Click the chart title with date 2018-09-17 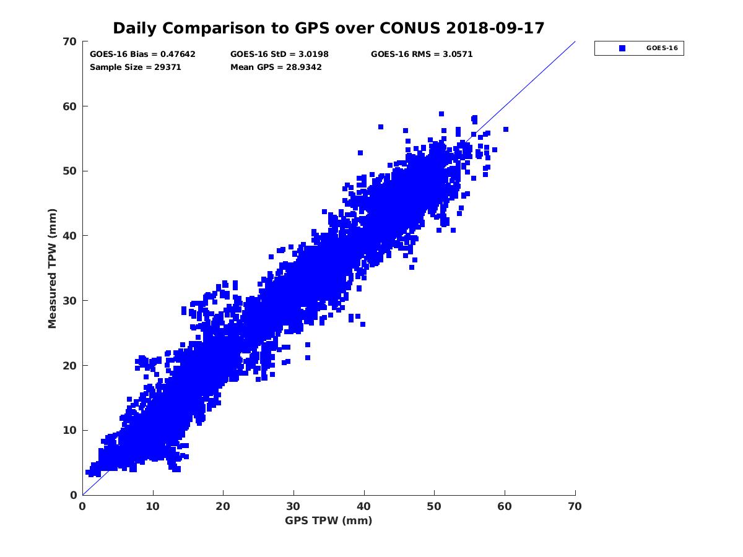tap(329, 28)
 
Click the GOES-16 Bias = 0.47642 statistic tap(142, 54)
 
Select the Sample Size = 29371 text tap(135, 67)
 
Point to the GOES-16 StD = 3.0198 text tap(279, 54)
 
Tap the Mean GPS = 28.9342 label tap(276, 67)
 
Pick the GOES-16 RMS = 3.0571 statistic tap(422, 54)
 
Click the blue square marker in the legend tap(622, 48)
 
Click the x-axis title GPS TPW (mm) tap(329, 520)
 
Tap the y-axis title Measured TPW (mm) tap(52, 268)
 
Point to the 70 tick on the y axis tap(70, 41)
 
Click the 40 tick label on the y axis tap(70, 236)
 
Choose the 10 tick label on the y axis tap(70, 430)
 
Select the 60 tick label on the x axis tap(505, 506)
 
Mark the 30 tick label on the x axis tap(293, 506)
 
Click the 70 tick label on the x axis tap(575, 506)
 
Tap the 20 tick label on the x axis tap(223, 506)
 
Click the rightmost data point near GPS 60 tap(506, 129)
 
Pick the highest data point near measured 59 tap(441, 114)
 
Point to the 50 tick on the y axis tap(70, 171)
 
